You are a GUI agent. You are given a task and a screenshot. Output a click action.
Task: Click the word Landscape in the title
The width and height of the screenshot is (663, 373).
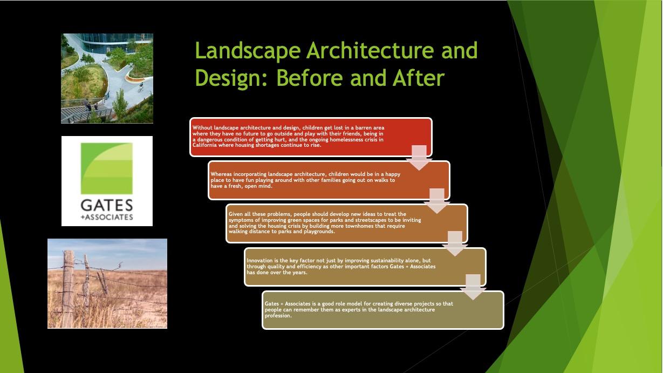248,51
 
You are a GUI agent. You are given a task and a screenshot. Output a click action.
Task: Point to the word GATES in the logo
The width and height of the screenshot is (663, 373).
107,206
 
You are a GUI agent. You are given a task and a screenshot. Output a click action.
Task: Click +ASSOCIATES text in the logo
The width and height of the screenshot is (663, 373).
107,217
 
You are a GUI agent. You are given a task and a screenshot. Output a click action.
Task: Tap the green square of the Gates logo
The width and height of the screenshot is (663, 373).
107,168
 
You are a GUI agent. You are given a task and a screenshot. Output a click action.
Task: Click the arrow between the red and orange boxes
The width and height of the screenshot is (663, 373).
419,158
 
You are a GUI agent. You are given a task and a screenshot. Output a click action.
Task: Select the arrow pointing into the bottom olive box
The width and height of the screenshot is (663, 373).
473,287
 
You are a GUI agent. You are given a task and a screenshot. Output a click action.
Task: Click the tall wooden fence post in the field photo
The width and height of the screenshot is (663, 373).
68,289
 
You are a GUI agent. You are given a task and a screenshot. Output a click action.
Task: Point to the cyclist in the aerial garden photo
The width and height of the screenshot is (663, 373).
141,87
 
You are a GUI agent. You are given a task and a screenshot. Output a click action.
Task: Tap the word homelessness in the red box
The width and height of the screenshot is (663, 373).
344,140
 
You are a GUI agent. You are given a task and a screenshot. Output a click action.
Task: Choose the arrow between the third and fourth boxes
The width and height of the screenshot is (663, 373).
455,244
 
